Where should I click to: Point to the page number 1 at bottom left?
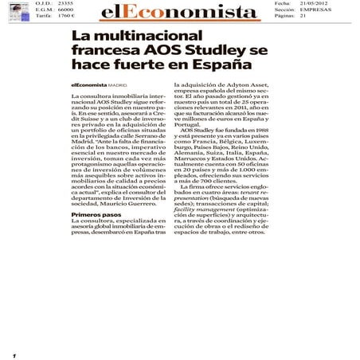[14, 354]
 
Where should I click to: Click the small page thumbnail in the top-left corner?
[17, 9]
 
